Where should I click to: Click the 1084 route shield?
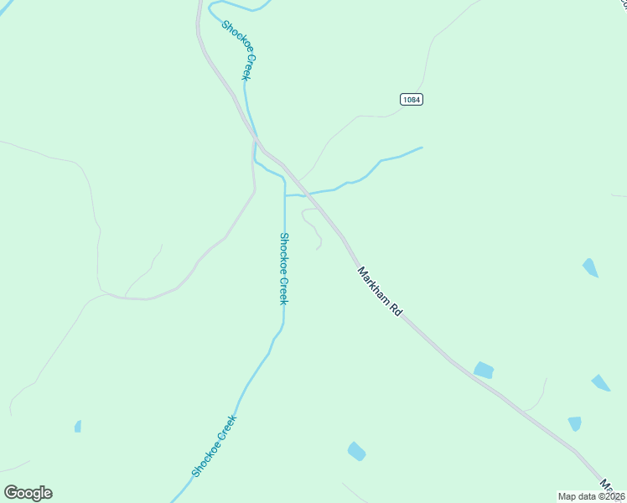point(411,99)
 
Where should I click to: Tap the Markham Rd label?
point(380,292)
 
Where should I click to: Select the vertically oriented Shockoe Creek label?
point(284,268)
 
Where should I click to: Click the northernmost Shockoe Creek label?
point(237,50)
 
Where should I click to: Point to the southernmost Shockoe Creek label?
point(214,446)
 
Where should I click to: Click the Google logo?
point(28,493)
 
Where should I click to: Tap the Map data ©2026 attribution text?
point(592,496)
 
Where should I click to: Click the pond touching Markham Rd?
point(484,370)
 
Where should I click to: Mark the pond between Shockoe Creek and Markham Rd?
point(356,451)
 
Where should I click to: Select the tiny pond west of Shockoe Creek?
point(78,427)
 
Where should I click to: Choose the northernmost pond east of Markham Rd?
point(591,268)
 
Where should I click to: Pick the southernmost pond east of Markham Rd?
point(574,423)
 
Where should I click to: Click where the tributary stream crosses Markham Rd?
point(309,194)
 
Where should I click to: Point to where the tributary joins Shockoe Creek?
point(285,195)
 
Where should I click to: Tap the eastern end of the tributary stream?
point(421,148)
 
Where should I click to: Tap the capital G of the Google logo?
point(11,493)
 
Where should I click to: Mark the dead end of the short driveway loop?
point(318,249)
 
